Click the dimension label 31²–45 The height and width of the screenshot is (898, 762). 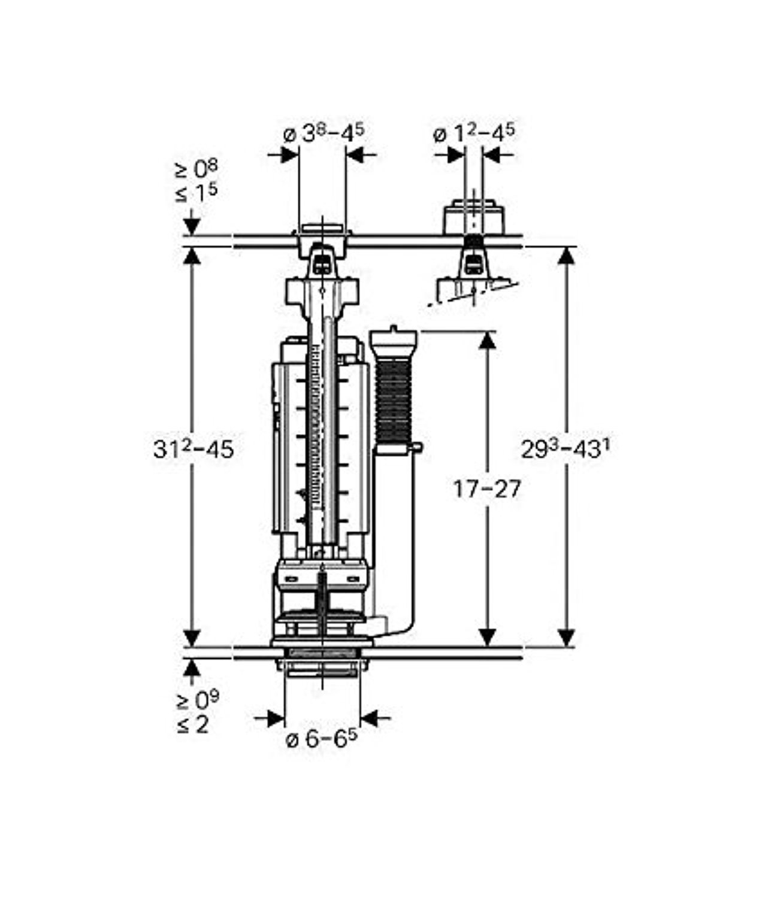(193, 449)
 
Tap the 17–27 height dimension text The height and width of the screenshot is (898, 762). (487, 490)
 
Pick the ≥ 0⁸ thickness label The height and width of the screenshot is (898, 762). (196, 169)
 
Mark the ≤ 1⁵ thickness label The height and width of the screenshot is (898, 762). (196, 193)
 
